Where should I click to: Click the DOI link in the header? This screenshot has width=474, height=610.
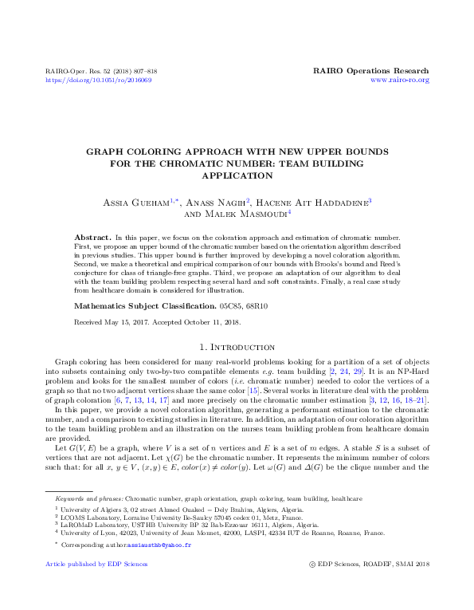99,81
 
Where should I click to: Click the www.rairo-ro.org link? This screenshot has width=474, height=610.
401,81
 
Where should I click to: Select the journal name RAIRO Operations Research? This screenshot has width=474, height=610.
372,71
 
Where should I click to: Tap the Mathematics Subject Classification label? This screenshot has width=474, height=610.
142,305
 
